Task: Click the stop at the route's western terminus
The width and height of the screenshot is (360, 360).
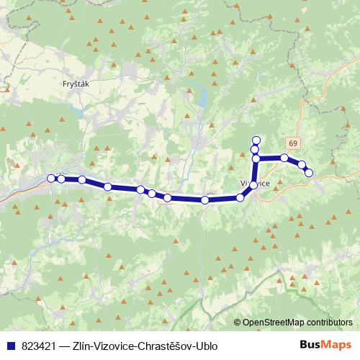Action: [x=51, y=178]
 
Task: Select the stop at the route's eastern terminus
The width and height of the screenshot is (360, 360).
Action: [x=309, y=173]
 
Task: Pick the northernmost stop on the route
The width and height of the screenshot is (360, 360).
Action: [x=256, y=140]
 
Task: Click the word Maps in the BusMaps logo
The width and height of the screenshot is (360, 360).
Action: [x=336, y=346]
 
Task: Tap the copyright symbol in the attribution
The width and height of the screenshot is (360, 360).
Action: [x=237, y=323]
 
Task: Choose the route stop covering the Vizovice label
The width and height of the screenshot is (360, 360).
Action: [x=253, y=185]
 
